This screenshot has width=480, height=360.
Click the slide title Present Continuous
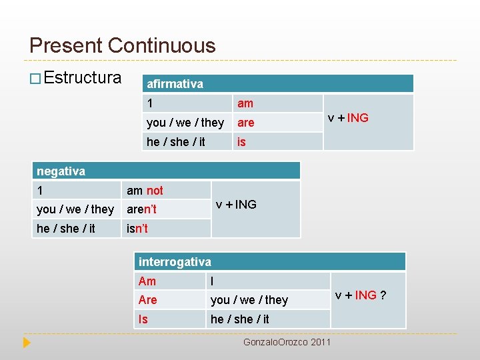123,45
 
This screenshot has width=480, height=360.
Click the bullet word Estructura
83,78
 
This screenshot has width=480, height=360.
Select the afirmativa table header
175,84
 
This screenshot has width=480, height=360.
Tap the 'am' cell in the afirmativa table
245,103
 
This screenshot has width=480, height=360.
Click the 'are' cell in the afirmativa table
246,123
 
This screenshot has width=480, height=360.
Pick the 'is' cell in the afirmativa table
241,141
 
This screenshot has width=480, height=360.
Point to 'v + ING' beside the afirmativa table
347,118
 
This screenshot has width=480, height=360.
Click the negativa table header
61,171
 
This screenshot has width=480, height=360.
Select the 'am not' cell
145,191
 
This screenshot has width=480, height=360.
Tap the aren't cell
141,209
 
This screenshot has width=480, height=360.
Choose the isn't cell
137,229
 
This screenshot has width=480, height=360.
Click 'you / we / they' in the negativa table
75,209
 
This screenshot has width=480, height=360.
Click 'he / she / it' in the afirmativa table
176,141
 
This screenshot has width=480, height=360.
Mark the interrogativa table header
175,262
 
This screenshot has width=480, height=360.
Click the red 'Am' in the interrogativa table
147,281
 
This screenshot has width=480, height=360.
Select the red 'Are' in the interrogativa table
147,300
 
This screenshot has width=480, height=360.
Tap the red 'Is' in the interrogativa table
143,319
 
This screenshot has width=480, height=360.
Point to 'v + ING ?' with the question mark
361,295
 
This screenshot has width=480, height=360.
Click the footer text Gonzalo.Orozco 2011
287,342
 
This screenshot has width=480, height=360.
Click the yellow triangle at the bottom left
27,343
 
